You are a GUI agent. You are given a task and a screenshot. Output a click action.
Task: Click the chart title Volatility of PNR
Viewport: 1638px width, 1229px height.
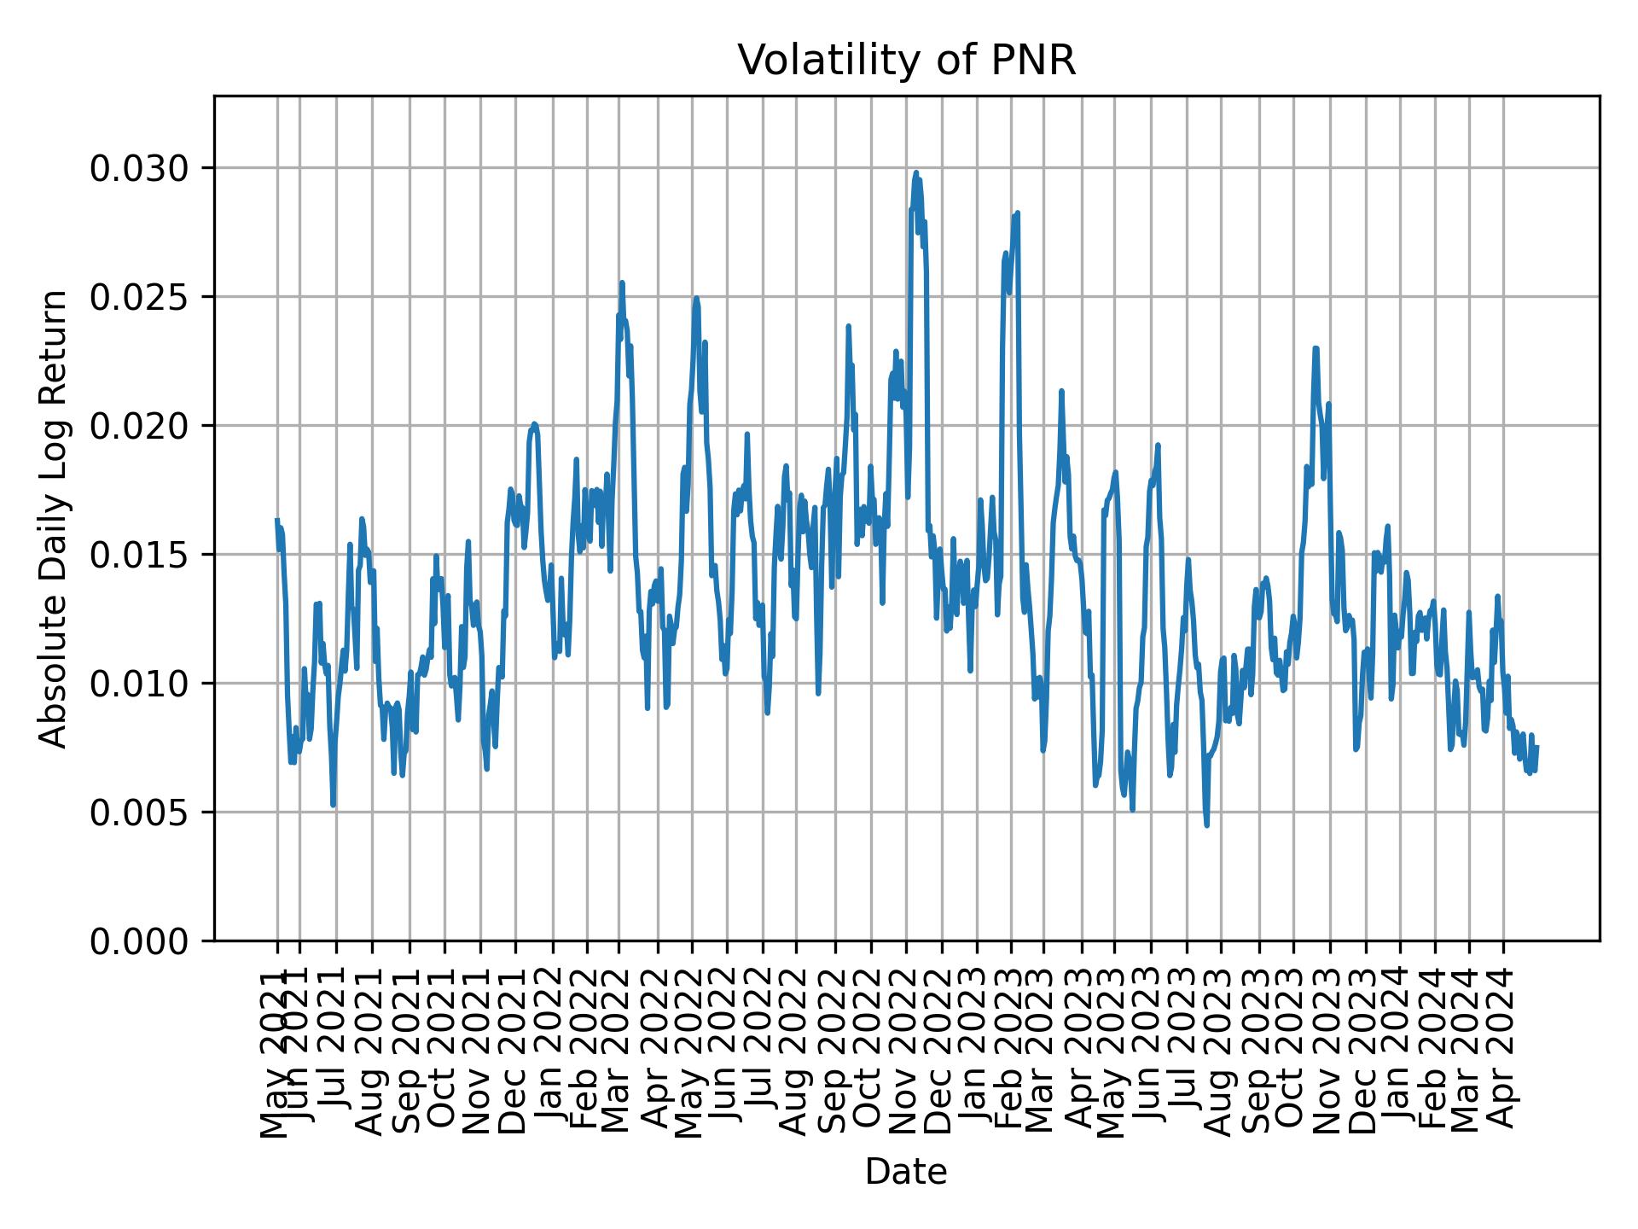coord(906,61)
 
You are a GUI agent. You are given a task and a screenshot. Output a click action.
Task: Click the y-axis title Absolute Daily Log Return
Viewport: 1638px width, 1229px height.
coord(55,518)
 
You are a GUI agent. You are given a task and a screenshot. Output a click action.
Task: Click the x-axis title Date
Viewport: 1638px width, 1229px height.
coord(906,1172)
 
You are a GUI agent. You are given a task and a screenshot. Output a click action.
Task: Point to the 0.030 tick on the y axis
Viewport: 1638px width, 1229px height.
coord(140,168)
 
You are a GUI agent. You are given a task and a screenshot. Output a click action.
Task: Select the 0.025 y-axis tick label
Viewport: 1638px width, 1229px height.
coord(140,297)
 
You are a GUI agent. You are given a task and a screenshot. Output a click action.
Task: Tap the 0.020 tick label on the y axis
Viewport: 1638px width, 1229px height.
coord(140,426)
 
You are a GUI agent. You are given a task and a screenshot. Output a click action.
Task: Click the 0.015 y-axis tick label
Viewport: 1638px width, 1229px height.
coord(140,555)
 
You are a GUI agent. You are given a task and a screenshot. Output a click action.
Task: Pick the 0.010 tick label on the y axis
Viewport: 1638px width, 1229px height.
coord(140,684)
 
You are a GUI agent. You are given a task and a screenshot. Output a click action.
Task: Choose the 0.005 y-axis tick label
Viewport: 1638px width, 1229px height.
coord(140,813)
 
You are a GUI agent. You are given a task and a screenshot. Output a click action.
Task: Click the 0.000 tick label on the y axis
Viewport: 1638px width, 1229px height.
coord(140,941)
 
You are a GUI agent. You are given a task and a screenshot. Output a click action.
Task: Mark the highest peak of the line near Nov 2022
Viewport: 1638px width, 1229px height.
coord(916,172)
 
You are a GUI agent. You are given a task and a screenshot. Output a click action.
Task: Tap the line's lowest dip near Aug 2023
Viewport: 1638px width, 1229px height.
coord(1206,824)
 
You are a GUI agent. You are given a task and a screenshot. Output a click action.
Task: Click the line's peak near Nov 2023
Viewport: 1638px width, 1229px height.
coord(1316,347)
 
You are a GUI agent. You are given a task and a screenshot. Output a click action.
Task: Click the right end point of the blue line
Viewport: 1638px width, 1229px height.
coord(1536,747)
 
